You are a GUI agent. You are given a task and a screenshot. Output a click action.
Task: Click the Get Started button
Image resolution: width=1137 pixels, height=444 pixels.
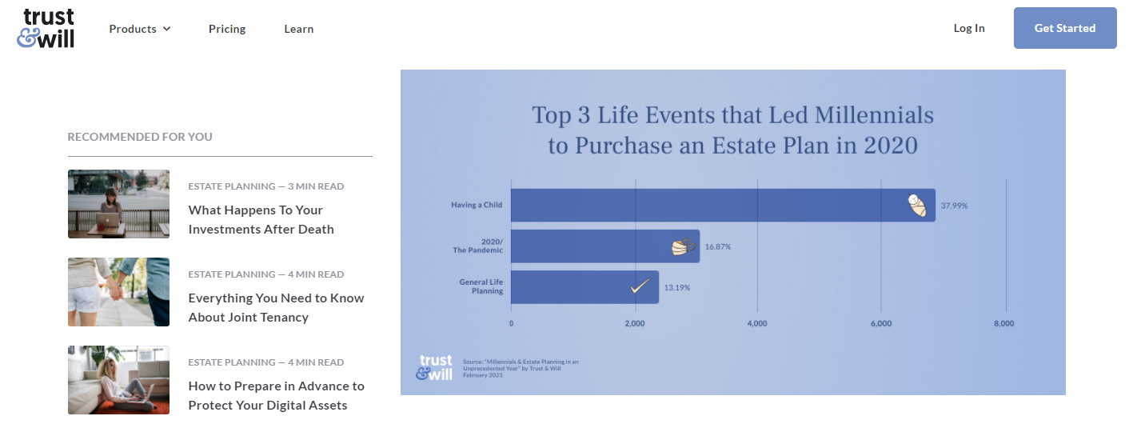[x=1065, y=28]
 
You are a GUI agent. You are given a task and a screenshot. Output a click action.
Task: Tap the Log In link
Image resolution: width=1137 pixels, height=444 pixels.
[x=969, y=28]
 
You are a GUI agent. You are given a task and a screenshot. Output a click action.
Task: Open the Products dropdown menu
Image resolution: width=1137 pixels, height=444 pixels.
[x=140, y=29]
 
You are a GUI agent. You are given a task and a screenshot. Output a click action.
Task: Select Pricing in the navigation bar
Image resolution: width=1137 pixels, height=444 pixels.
[x=227, y=29]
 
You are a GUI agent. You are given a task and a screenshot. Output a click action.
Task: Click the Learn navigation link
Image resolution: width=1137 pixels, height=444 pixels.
[x=298, y=29]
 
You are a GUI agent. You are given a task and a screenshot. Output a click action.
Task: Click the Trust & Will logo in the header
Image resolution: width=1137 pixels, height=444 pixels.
[x=46, y=29]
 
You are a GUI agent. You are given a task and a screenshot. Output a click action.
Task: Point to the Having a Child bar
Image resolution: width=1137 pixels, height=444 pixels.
[x=723, y=206]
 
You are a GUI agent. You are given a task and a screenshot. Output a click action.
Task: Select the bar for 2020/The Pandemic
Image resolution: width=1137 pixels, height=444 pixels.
[x=605, y=246]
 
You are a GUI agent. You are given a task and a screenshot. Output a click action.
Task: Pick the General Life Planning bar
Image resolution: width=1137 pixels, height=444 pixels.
[x=584, y=287]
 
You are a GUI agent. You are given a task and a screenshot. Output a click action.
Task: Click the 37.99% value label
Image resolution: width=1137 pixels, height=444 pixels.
[x=954, y=206]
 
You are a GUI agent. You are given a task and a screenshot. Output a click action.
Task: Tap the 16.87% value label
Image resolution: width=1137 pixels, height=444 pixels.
[x=718, y=246]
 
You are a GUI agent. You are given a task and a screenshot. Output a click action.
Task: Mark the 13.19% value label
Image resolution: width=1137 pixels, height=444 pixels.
[x=677, y=287]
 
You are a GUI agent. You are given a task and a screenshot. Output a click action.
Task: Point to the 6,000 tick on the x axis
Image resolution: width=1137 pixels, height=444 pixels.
[x=881, y=323]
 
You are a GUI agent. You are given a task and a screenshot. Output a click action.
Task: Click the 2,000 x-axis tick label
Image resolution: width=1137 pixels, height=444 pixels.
[x=635, y=323]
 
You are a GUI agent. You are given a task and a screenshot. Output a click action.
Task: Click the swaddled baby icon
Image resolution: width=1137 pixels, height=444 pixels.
[x=917, y=206]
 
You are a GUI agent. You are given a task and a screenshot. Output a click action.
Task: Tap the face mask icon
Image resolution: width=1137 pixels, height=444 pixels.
[x=684, y=246]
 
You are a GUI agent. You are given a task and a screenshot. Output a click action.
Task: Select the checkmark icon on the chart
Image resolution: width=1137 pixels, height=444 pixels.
[x=640, y=286]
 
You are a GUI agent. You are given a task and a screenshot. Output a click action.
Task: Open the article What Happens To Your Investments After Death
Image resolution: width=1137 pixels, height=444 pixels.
[x=261, y=219]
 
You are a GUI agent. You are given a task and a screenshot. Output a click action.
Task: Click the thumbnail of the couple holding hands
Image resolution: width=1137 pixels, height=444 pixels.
[x=119, y=291]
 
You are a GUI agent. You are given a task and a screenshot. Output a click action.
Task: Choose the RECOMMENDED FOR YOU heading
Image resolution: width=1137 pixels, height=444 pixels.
[x=140, y=137]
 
